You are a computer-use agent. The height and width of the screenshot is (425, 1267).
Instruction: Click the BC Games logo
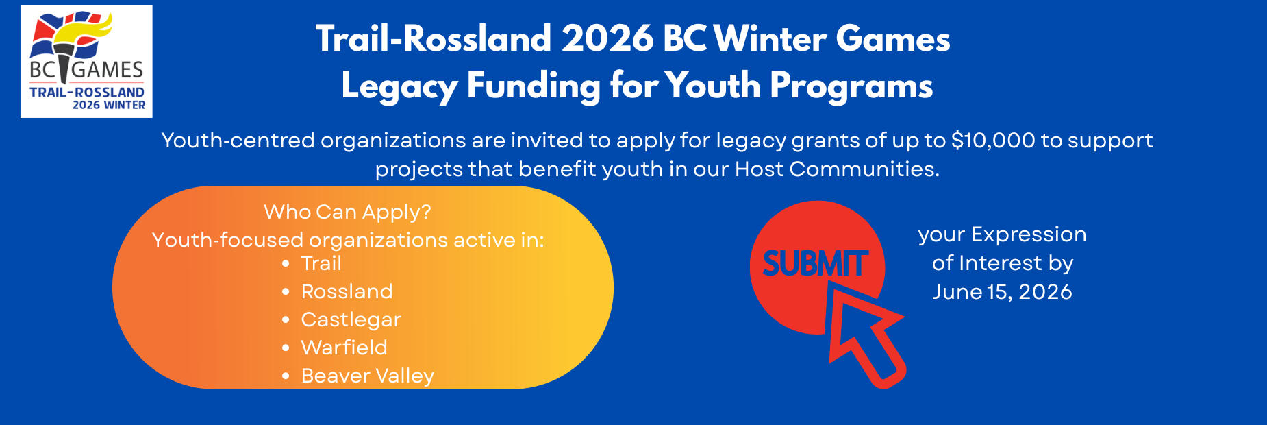[x=86, y=62]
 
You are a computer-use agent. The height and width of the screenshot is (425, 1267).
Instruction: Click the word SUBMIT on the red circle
[x=815, y=263]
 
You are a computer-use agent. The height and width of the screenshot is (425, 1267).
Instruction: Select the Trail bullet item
[x=321, y=263]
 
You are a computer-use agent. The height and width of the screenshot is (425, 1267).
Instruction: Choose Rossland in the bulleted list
[x=347, y=291]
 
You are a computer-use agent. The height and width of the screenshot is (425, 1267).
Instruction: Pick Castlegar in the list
[x=351, y=319]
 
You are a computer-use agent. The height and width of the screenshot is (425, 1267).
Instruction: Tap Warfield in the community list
[x=344, y=348]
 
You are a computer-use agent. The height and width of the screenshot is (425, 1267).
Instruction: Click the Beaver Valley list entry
[x=367, y=376]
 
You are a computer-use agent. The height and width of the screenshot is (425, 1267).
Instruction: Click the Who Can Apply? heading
[x=347, y=212]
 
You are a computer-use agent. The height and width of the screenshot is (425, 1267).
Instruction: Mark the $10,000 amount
[x=993, y=141]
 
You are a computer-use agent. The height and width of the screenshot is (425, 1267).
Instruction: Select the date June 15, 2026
[x=1002, y=292]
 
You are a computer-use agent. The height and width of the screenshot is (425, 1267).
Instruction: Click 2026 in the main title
[x=607, y=38]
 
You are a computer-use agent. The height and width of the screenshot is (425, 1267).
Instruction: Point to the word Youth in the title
[x=713, y=86]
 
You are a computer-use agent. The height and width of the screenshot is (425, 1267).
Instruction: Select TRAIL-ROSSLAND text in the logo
[x=87, y=92]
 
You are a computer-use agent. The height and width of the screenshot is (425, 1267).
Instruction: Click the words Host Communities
[x=836, y=169]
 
